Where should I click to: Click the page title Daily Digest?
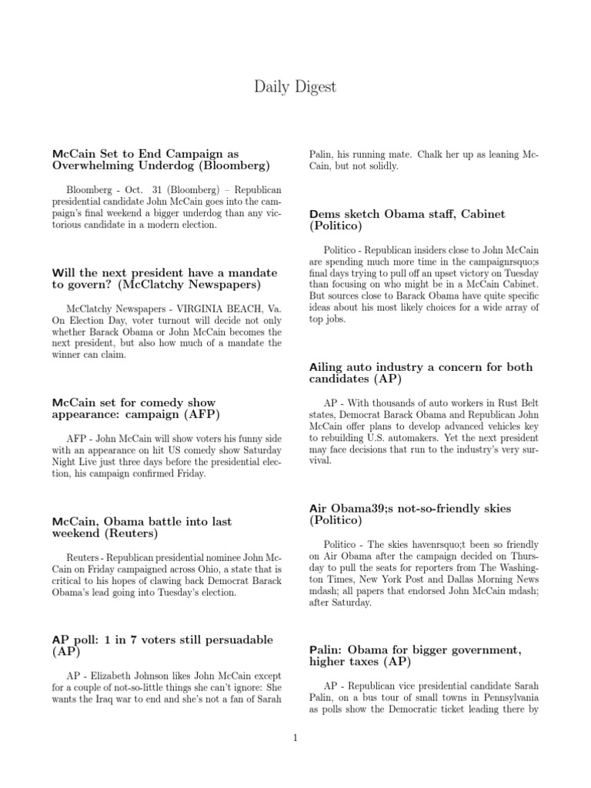click(x=295, y=87)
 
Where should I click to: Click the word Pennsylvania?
click(x=496, y=697)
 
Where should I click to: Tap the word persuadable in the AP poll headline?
click(x=227, y=639)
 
